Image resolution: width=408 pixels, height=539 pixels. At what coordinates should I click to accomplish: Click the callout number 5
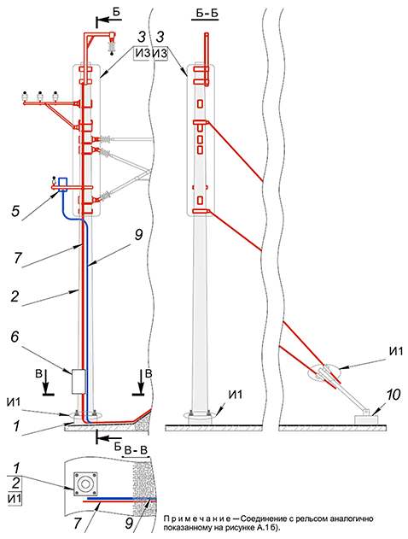[15, 211]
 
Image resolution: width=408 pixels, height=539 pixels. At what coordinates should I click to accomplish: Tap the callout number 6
[15, 337]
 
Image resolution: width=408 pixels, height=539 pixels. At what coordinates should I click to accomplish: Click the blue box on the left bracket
[62, 185]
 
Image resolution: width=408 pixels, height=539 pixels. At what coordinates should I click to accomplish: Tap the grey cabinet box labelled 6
[79, 382]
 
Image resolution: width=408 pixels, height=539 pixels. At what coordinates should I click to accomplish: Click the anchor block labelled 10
[366, 419]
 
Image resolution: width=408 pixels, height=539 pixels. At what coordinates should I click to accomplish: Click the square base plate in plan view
[85, 484]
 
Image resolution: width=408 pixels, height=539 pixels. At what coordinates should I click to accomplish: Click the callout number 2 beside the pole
[15, 296]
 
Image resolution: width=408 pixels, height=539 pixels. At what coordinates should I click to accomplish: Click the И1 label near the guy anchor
[396, 352]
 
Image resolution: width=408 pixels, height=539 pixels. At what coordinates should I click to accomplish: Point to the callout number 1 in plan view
[15, 469]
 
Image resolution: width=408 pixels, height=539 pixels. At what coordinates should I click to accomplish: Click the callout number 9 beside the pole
[138, 235]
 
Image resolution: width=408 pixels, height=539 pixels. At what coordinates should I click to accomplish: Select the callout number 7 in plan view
[78, 524]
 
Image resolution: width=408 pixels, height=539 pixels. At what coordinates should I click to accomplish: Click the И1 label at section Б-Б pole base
[236, 395]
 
